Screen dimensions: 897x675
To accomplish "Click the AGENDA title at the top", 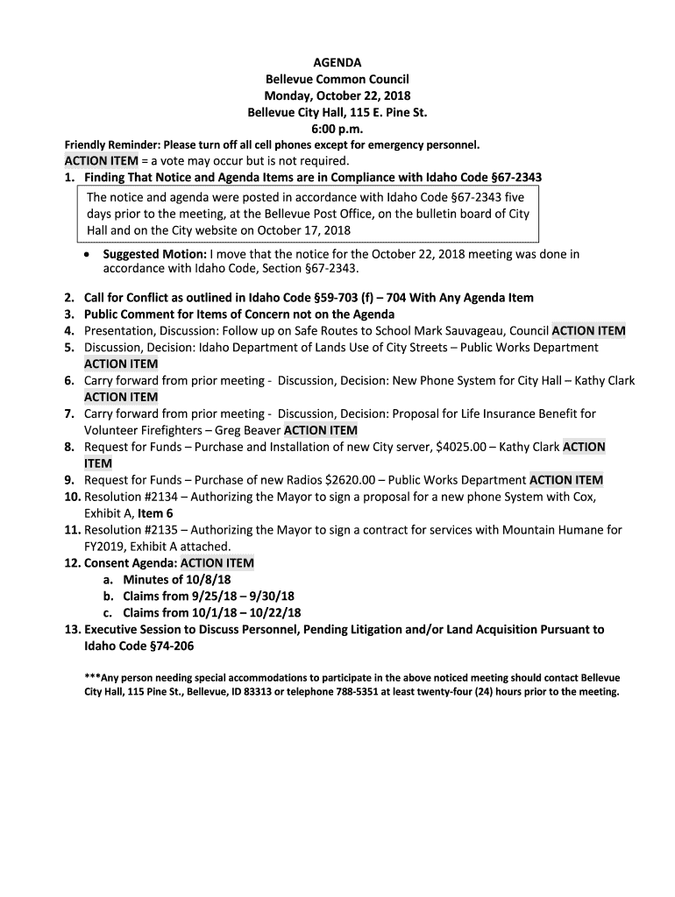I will (337, 62).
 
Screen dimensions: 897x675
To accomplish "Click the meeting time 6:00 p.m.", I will (337, 129).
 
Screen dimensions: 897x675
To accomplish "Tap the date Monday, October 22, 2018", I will (337, 95).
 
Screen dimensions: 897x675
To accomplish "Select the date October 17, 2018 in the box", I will (295, 230).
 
